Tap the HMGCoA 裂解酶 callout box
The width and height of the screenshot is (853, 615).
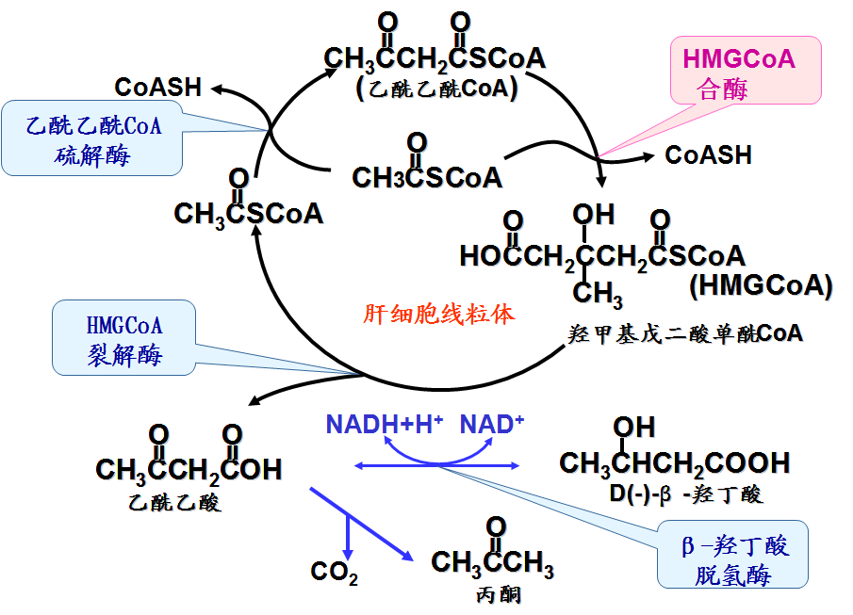[123, 340]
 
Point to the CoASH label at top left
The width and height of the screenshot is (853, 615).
[158, 88]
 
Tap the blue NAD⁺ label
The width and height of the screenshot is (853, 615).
[491, 425]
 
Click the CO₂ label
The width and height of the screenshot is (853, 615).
[334, 572]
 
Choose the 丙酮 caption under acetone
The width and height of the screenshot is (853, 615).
[498, 594]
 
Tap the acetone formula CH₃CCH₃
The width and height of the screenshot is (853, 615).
[492, 562]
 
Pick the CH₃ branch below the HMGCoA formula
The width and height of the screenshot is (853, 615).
[598, 295]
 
